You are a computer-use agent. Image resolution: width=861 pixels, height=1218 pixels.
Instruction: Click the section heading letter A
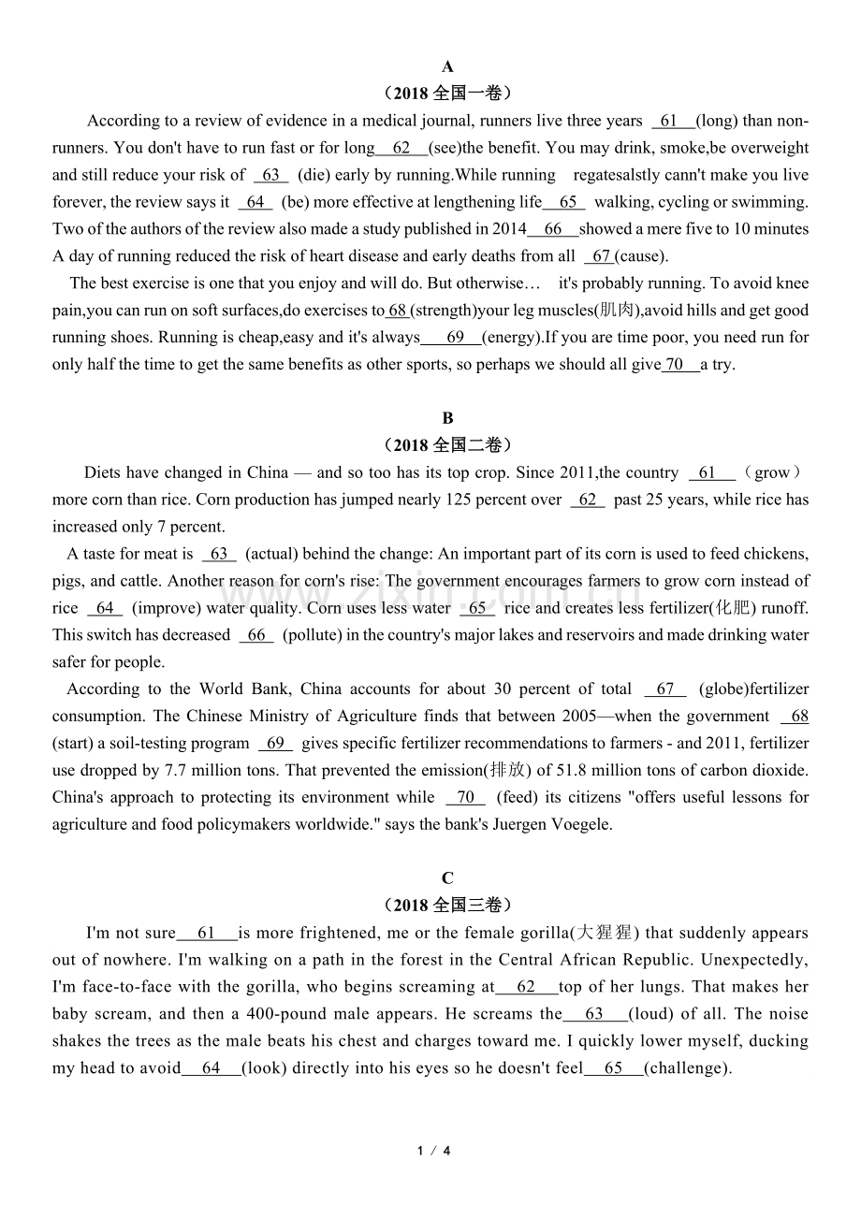click(447, 66)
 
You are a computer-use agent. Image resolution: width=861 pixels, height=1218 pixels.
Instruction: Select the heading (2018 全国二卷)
click(447, 445)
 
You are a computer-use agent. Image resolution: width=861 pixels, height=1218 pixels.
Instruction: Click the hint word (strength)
click(445, 311)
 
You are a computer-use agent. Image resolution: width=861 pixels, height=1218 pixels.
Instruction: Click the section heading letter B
click(447, 418)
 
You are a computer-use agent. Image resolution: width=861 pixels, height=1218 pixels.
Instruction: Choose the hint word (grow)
click(772, 473)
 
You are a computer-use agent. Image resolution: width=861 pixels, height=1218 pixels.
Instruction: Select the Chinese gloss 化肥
click(732, 608)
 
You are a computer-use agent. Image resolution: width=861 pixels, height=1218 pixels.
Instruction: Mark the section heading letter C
click(447, 878)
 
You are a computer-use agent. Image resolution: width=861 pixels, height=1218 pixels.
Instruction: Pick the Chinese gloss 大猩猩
click(606, 933)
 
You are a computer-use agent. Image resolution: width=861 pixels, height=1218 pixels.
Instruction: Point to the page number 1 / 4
click(434, 1151)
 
